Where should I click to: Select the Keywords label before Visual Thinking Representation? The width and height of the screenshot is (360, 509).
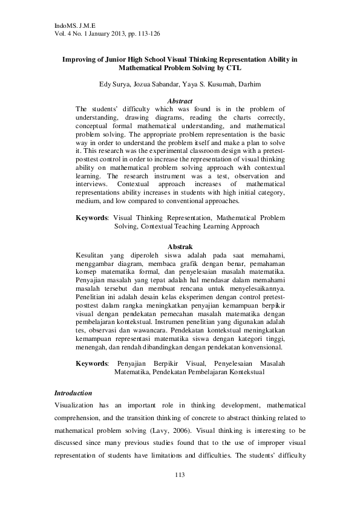coord(92,216)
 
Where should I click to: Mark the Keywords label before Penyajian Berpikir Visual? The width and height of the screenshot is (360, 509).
coord(92,363)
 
